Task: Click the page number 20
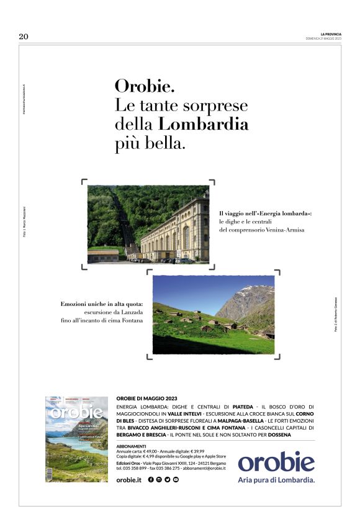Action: click(24, 37)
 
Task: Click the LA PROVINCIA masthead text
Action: click(331, 34)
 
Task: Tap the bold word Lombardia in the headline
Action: click(204, 124)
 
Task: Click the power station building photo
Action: click(148, 224)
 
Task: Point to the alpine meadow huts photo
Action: click(213, 315)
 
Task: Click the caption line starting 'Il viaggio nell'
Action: click(265, 213)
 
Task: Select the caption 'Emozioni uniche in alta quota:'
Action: click(102, 304)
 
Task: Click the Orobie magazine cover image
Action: click(76, 439)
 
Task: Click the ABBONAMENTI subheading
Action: click(131, 446)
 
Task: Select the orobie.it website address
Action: click(129, 480)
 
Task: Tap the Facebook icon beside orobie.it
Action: click(151, 480)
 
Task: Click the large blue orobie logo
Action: click(276, 462)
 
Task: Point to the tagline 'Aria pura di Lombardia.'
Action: click(276, 480)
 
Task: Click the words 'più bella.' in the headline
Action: click(150, 144)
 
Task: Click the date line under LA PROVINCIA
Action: click(323, 38)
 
